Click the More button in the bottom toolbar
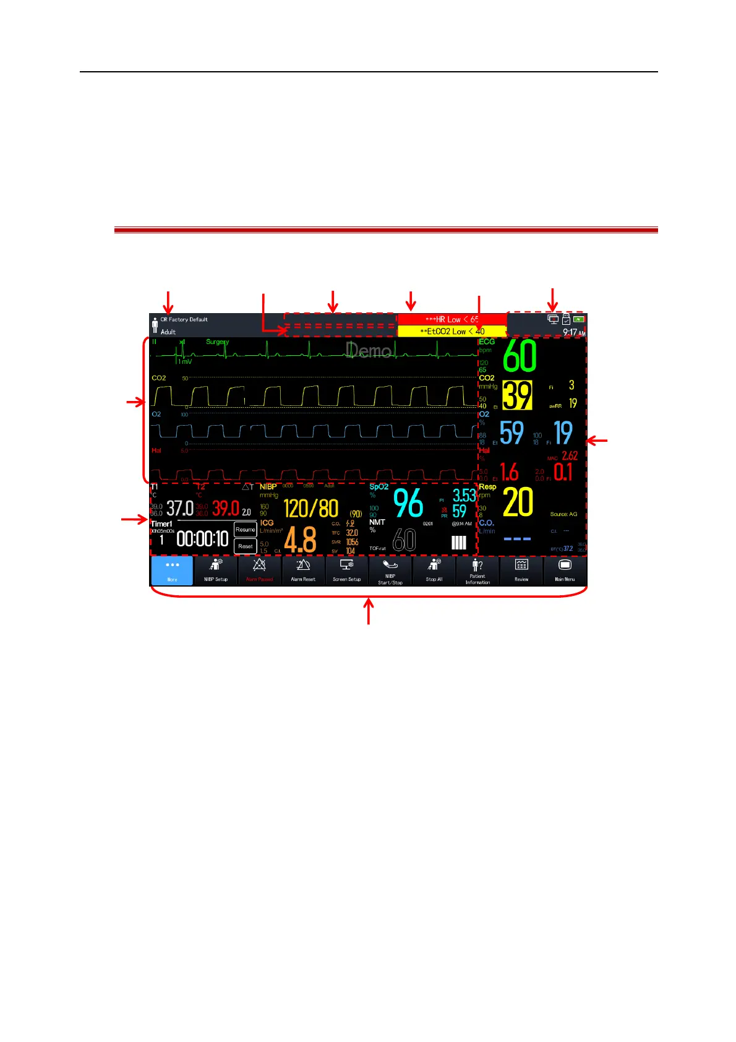pyautogui.click(x=172, y=571)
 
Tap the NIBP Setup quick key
pyautogui.click(x=216, y=571)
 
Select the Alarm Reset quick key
pyautogui.click(x=303, y=571)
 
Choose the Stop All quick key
pyautogui.click(x=434, y=571)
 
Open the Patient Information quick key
pyautogui.click(x=477, y=571)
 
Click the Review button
pyautogui.click(x=521, y=571)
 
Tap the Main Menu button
pyautogui.click(x=565, y=571)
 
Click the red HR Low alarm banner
pyautogui.click(x=451, y=319)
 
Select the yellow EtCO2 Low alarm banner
pyautogui.click(x=451, y=331)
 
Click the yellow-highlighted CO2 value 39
pyautogui.click(x=517, y=395)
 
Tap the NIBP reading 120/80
pyautogui.click(x=311, y=509)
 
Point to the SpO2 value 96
pyautogui.click(x=408, y=504)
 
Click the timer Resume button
pyautogui.click(x=246, y=530)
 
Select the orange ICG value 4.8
pyautogui.click(x=301, y=540)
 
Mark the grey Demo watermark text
pyautogui.click(x=369, y=351)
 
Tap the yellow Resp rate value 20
pyautogui.click(x=518, y=502)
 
